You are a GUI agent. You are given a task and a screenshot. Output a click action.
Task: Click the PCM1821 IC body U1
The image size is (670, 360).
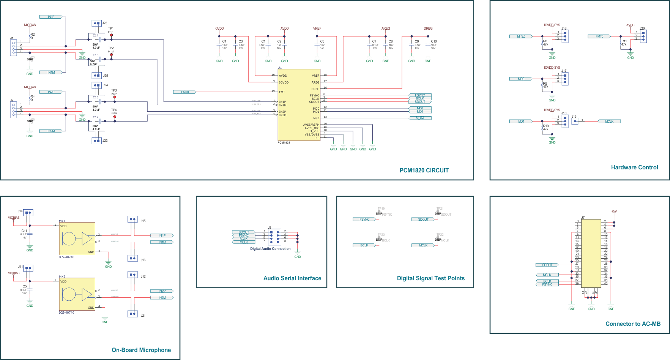tap(299, 105)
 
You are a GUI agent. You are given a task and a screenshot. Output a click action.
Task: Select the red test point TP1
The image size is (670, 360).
tap(111, 35)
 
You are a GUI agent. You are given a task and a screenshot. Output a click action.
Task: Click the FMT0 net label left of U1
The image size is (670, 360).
tap(185, 92)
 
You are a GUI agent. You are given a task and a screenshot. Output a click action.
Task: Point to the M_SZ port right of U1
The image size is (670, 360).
tap(420, 118)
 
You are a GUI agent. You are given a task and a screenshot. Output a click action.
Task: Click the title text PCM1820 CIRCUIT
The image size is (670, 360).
tap(424, 171)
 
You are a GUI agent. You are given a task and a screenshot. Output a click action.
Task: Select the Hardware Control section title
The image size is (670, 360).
tap(634, 167)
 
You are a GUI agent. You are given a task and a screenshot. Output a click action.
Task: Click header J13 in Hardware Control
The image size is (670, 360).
tap(565, 36)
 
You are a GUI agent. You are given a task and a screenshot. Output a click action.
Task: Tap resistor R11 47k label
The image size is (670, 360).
tap(624, 43)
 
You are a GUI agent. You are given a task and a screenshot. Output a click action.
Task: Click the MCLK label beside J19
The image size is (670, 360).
tap(609, 122)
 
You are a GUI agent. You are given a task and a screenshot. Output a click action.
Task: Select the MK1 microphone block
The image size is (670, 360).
tap(77, 239)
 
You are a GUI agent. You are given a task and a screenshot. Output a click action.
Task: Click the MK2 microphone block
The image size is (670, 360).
tap(77, 294)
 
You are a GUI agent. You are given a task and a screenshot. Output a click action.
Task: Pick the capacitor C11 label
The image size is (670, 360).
tap(24, 231)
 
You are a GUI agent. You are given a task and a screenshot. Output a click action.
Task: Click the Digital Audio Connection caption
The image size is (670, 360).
tap(270, 249)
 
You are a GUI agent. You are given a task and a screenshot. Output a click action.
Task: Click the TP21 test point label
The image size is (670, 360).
tap(440, 208)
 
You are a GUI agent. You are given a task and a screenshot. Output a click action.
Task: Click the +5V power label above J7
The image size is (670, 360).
tap(614, 212)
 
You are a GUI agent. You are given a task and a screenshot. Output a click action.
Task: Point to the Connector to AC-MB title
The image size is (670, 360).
tap(633, 324)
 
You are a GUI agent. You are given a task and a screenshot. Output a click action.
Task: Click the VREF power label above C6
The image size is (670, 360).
tap(317, 28)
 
